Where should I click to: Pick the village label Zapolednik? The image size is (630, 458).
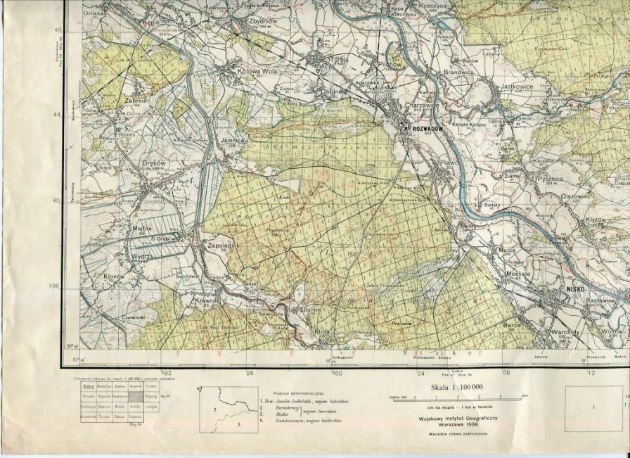tap(220, 246)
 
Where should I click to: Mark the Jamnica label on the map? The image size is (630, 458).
tap(232, 141)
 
